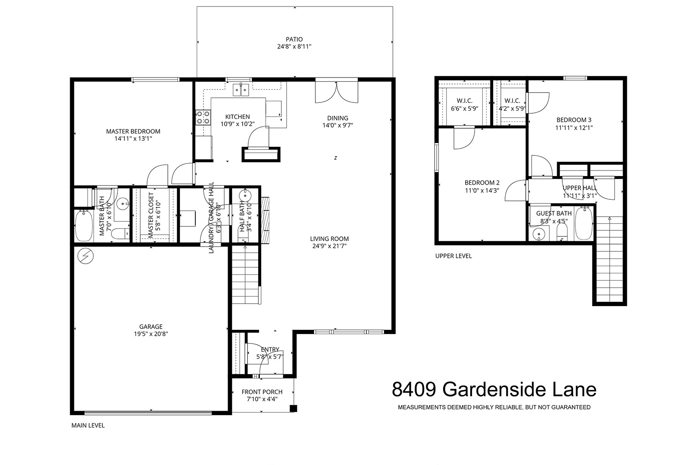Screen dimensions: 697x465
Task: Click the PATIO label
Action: click(x=294, y=39)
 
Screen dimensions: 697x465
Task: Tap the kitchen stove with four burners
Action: click(x=203, y=118)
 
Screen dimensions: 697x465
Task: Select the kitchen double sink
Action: click(x=241, y=90)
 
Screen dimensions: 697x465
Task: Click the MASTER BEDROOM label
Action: click(x=133, y=131)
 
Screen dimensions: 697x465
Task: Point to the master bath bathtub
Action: click(x=84, y=226)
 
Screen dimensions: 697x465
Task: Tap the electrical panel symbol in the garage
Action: click(x=86, y=256)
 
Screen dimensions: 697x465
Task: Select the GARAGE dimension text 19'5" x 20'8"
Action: click(x=151, y=334)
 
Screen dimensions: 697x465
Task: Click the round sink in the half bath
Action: click(x=245, y=196)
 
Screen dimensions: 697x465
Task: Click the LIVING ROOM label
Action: click(x=329, y=239)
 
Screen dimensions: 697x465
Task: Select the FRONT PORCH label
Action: click(x=262, y=392)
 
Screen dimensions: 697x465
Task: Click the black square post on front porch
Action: click(x=293, y=408)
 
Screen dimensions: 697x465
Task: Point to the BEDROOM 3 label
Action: click(x=574, y=120)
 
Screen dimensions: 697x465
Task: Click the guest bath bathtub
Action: click(x=583, y=223)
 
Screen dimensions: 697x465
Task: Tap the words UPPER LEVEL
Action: click(x=453, y=256)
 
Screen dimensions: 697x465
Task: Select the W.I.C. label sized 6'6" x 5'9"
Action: click(x=465, y=105)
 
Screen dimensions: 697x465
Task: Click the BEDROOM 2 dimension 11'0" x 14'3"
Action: click(x=482, y=190)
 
